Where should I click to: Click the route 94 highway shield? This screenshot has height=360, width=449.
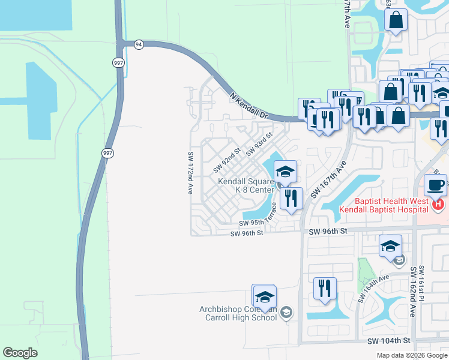click(139, 45)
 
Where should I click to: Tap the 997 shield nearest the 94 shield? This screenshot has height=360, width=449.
click(119, 62)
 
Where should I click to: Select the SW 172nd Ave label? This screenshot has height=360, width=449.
click(190, 172)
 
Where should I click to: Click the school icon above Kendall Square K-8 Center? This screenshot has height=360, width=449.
click(285, 172)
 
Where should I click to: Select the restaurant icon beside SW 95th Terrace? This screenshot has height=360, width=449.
click(291, 199)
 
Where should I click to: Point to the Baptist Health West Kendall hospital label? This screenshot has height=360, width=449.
click(384, 206)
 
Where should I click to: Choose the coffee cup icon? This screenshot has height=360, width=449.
click(435, 184)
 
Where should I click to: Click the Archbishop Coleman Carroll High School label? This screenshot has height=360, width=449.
click(238, 313)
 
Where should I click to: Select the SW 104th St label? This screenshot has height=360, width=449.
click(389, 340)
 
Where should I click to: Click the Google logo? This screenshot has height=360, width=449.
click(20, 353)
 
